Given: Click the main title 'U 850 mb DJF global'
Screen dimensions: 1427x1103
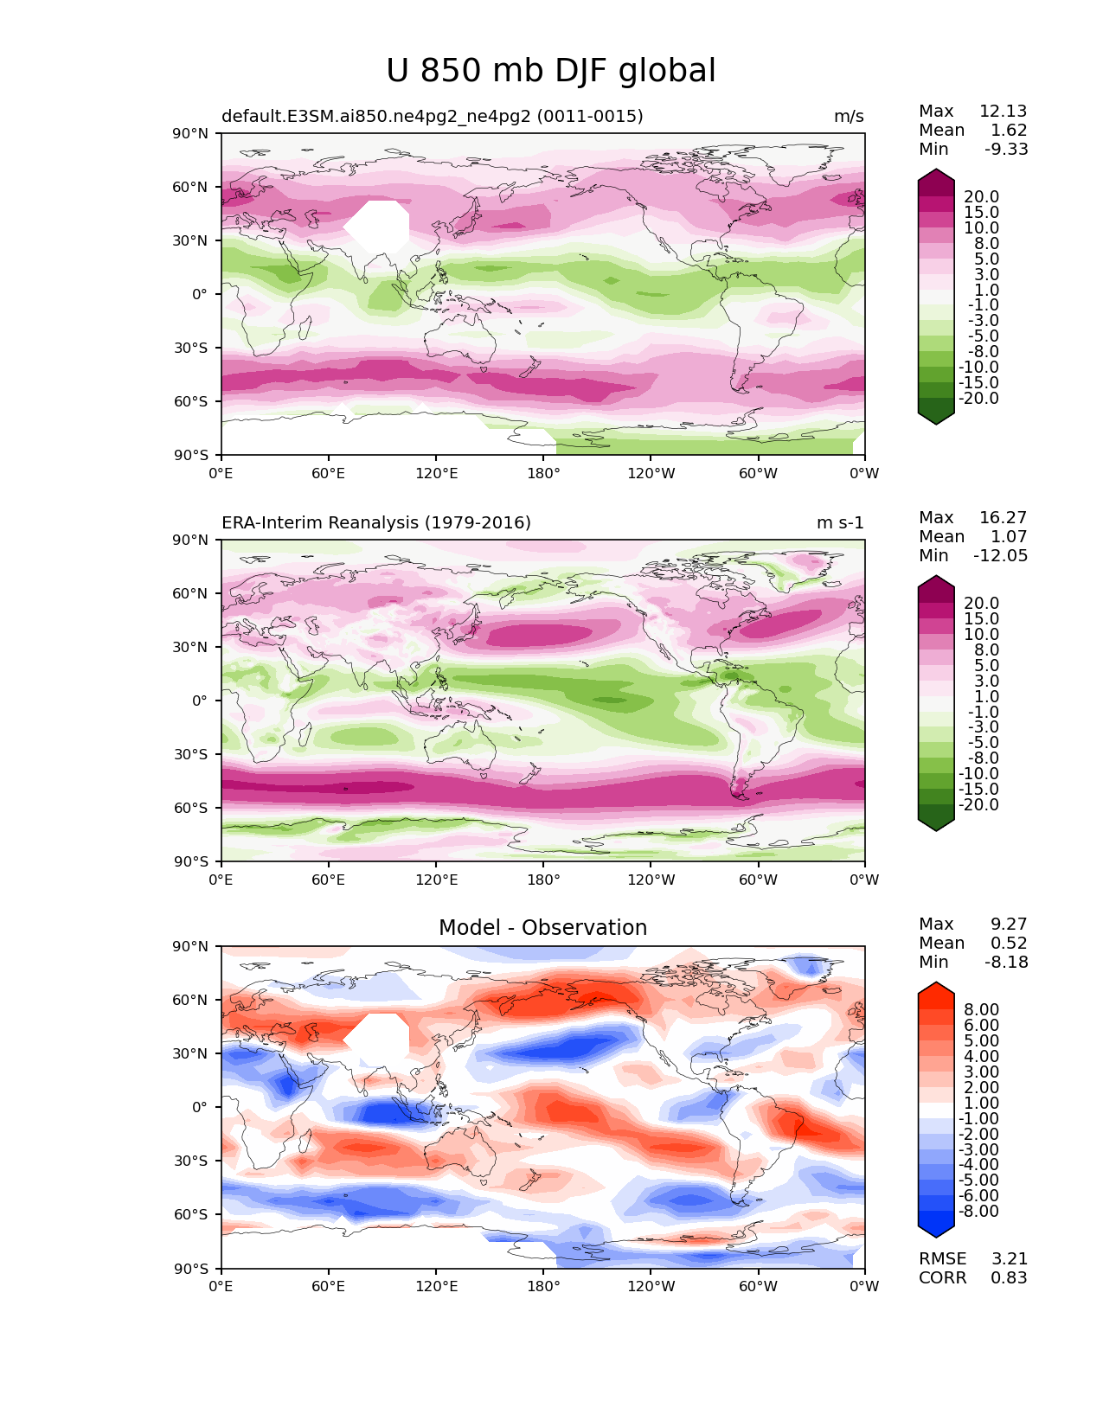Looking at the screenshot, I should click(x=551, y=71).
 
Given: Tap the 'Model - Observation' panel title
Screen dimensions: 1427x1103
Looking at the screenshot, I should click(x=542, y=928).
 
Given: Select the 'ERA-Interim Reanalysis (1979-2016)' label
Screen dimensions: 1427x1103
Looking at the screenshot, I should click(x=376, y=523).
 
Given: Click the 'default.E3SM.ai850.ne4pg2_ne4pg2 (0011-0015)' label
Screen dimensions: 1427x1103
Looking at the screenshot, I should click(x=433, y=117).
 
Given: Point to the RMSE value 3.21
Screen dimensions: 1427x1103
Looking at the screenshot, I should click(x=1009, y=1259).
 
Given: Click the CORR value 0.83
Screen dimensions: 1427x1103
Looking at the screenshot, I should click(x=1009, y=1278).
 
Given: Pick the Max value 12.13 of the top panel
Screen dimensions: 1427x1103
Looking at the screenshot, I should click(x=1003, y=112).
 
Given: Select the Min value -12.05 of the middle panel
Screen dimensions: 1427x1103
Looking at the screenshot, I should click(x=1000, y=556).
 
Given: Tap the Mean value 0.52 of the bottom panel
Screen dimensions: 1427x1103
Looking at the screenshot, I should click(x=1009, y=944).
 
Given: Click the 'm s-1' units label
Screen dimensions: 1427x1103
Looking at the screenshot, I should click(x=840, y=523).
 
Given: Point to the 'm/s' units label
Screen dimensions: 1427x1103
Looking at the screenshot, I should click(x=849, y=117).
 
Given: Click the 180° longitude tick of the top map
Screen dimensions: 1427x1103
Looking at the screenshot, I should click(x=543, y=474).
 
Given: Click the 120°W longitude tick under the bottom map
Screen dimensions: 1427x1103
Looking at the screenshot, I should click(x=651, y=1287).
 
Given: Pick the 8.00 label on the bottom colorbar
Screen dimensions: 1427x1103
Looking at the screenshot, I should click(x=981, y=1010).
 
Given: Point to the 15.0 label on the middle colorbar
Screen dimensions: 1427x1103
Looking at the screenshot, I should click(x=981, y=619).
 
